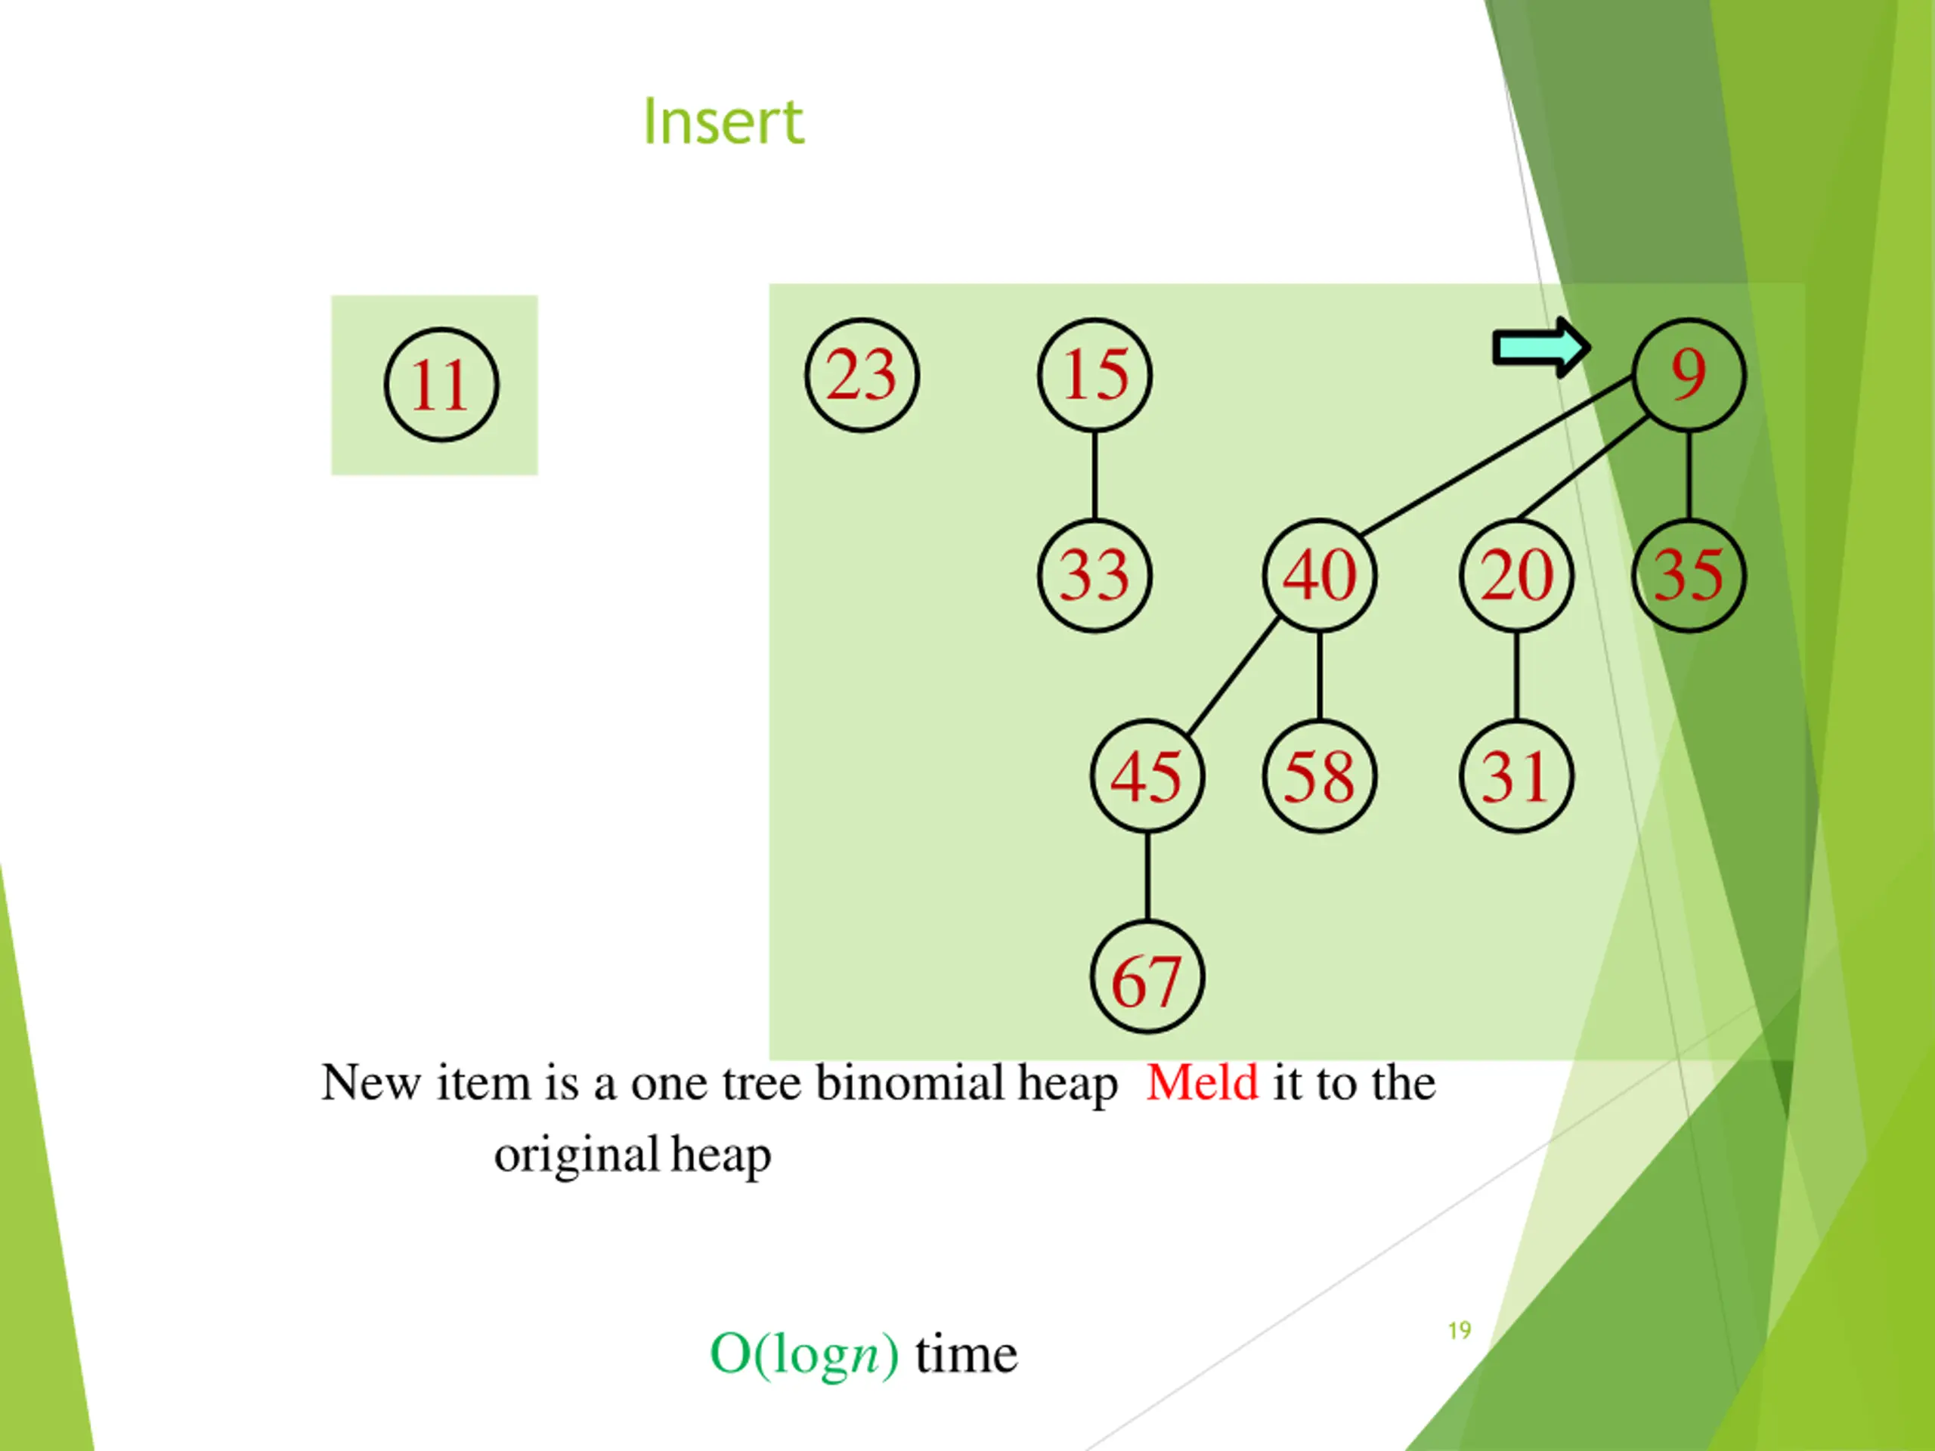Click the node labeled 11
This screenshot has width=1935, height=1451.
[x=441, y=385]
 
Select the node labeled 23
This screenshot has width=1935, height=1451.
[x=862, y=374]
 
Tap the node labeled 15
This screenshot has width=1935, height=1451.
[x=1094, y=374]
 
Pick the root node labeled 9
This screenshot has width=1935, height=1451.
[x=1689, y=374]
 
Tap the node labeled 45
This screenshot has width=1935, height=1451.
[x=1147, y=776]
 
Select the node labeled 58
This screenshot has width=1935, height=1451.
[x=1319, y=776]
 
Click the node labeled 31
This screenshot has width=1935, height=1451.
[x=1516, y=776]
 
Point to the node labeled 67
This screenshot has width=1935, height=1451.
[x=1147, y=977]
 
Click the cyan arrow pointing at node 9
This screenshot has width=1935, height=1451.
[x=1540, y=348]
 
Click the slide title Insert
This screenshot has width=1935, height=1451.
[x=723, y=122]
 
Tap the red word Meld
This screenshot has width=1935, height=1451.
[x=1202, y=1083]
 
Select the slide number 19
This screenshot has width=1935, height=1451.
[x=1459, y=1330]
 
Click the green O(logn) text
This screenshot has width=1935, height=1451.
[x=803, y=1355]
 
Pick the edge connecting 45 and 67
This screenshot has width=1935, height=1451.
[x=1147, y=877]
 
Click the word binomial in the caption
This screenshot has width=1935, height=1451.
[x=910, y=1083]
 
